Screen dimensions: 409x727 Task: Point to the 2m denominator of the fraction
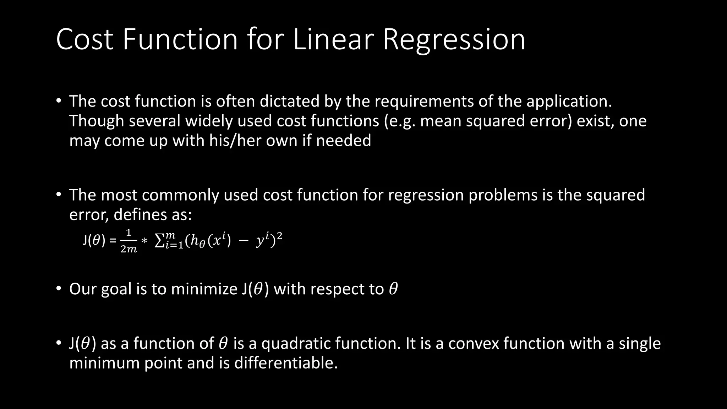[129, 249]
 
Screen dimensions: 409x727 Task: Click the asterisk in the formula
[144, 241]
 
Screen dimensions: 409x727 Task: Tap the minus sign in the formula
[244, 241]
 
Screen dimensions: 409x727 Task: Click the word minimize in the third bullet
[204, 289]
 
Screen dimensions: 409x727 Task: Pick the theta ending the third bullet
[393, 289]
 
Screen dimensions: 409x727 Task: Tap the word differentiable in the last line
[285, 363]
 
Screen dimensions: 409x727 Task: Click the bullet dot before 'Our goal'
[59, 288]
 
